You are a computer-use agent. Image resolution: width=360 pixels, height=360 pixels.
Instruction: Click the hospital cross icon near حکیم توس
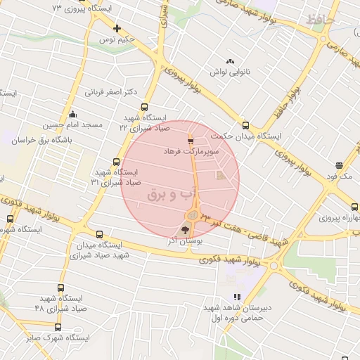point(117,29)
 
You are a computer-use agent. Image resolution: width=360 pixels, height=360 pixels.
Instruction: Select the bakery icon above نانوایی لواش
point(230,61)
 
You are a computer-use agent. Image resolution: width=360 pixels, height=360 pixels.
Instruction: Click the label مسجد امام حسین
point(74,124)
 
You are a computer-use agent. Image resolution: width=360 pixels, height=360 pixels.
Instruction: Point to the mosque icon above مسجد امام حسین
point(72,114)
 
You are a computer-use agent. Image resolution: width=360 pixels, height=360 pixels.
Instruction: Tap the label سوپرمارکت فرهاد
point(192,151)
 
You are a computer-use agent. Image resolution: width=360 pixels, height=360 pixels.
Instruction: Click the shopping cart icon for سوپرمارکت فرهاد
point(191,141)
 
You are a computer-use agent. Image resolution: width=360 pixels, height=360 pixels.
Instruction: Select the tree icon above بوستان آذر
point(186,229)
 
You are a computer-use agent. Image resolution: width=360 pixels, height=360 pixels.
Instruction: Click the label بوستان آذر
point(185,240)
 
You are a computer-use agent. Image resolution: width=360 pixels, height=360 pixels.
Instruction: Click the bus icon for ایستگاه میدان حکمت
point(245,123)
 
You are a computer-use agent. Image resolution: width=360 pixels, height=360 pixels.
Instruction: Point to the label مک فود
point(339,175)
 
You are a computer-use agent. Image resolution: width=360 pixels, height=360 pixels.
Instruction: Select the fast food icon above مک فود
point(339,165)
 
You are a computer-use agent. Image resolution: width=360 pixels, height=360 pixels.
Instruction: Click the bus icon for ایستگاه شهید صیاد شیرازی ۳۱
point(116,162)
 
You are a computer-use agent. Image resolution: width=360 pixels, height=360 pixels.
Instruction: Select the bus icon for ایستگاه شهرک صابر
point(58,327)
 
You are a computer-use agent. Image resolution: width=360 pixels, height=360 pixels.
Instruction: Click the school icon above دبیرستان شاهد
point(237,297)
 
